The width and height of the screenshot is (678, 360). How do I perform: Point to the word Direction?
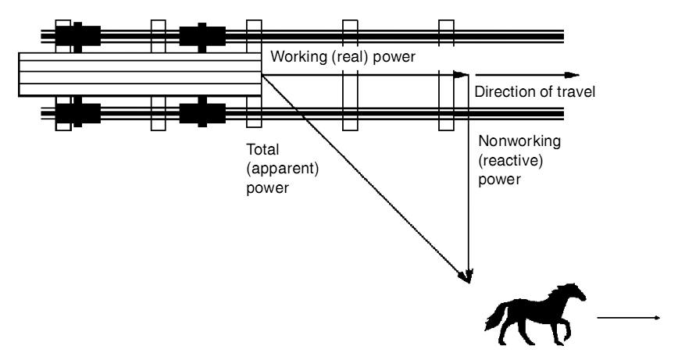coord(502,92)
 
